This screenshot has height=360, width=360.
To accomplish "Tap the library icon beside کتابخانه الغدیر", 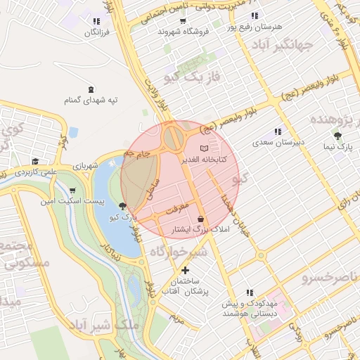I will [x=204, y=149].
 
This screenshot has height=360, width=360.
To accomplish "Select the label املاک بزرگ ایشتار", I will [x=200, y=231].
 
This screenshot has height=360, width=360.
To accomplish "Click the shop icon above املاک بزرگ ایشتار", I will [x=201, y=219].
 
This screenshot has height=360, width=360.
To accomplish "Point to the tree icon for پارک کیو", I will [x=124, y=206].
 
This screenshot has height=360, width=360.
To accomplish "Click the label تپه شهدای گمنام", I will [x=91, y=100].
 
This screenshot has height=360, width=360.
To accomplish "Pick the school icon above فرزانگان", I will [x=96, y=21].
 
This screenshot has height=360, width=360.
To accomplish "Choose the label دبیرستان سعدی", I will [x=278, y=142].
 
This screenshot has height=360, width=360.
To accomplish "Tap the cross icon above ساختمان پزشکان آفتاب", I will [x=185, y=270].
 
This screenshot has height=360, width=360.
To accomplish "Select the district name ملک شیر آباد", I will [x=105, y=326].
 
